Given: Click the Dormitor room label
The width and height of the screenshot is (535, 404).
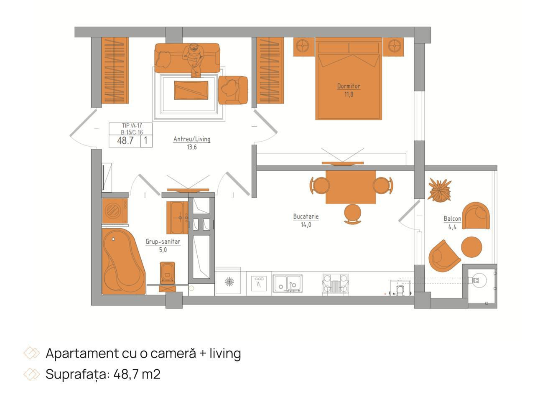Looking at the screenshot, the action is pos(349,86).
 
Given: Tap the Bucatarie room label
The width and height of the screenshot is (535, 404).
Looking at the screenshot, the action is pos(306,216).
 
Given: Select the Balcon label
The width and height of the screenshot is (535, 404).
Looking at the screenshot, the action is pos(452,219).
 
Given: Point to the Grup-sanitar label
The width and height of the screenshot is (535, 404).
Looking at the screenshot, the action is pos(163,241).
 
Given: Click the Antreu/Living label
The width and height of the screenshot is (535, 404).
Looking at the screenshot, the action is pos(192,139).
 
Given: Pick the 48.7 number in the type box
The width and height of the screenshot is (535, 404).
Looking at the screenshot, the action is pos(125,140).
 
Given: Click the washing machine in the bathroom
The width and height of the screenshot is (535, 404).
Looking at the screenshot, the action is pos(115,211).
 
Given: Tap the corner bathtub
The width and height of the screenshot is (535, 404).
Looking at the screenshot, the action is pos(123,261).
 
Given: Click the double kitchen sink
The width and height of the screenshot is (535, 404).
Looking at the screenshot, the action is pos(288,283).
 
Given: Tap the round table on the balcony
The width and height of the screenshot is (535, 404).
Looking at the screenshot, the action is pos(471,247).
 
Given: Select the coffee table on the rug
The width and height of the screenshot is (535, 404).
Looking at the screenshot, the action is pos(191,90).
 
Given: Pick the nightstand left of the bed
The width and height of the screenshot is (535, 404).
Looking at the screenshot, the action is pos(304,47).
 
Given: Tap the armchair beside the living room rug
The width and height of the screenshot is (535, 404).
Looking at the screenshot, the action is pos(233,90).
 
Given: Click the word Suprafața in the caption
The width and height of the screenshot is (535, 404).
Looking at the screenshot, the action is pos(76,374).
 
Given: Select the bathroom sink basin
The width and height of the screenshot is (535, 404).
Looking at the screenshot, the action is pos(177,218).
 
